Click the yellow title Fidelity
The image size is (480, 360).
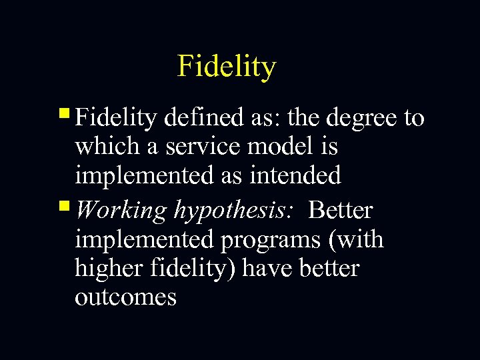tap(227, 67)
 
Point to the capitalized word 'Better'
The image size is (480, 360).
tap(341, 210)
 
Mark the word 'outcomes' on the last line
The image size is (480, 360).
tap(125, 297)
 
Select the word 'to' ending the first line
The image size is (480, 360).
tap(413, 119)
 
